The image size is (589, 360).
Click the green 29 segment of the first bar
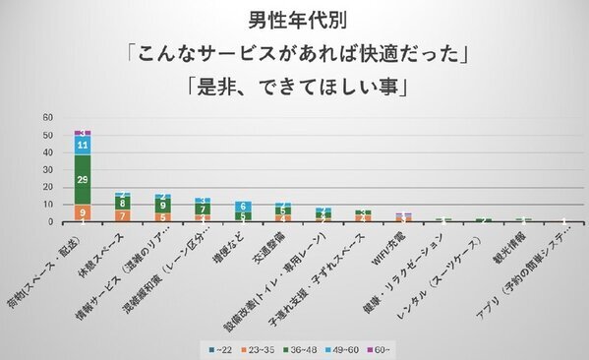(84, 180)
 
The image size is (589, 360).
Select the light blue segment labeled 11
(84, 145)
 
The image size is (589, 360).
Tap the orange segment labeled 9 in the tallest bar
(84, 211)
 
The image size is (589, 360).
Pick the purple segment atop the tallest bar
(84, 132)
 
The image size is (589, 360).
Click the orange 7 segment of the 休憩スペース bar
(124, 214)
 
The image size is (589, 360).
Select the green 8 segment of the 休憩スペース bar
(124, 203)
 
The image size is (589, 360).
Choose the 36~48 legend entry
(318, 349)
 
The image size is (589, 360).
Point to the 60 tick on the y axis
(46, 117)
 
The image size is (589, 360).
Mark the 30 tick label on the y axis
(46, 169)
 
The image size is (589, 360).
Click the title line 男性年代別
(293, 19)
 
